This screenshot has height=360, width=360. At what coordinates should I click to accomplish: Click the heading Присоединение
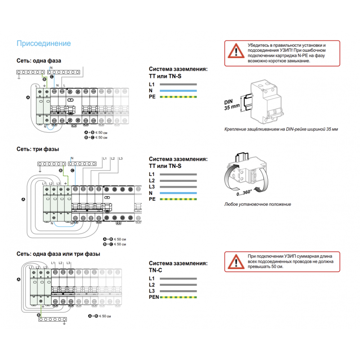[43, 44]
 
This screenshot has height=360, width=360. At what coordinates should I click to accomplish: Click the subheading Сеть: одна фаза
[39, 60]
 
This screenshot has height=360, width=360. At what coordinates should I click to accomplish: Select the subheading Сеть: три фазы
[38, 149]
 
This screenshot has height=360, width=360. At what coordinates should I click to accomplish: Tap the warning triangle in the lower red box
[234, 261]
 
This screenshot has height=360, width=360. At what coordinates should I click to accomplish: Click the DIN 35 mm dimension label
[232, 105]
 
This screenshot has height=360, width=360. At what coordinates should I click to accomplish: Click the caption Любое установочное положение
[257, 204]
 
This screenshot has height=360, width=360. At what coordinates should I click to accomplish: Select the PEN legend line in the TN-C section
[179, 297]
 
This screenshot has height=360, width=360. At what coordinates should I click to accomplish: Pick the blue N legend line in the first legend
[179, 90]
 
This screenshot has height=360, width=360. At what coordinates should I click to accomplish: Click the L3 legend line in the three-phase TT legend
[179, 186]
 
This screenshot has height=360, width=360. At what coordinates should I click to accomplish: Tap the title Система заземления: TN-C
[178, 266]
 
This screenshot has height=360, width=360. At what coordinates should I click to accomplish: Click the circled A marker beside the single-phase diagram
[28, 98]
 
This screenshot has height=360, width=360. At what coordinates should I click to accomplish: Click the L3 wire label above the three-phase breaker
[121, 159]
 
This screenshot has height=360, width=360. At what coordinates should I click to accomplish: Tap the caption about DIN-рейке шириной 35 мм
[281, 129]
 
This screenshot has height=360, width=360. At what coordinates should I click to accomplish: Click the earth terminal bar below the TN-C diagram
[53, 320]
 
